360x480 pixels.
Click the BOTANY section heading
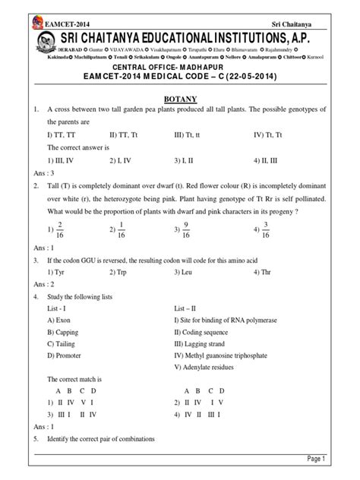pyautogui.click(x=180, y=97)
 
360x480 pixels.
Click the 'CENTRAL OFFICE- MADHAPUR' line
pyautogui.click(x=179, y=65)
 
